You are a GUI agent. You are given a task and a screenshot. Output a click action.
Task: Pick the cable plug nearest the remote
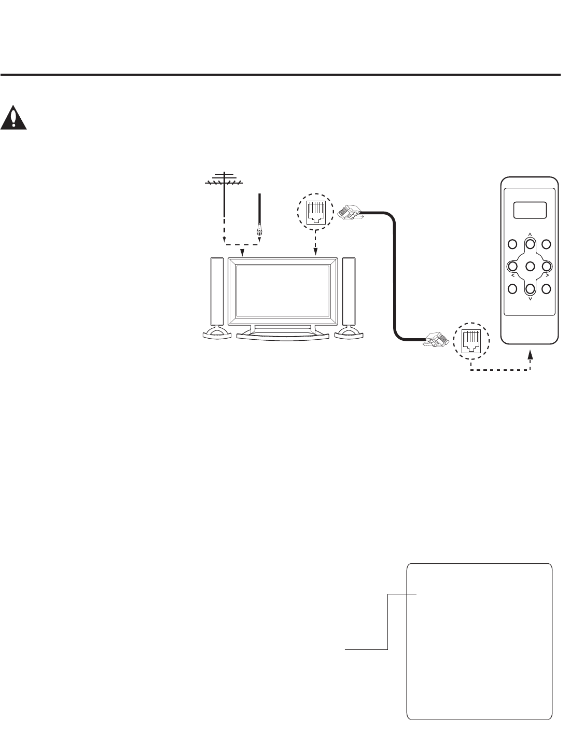436,340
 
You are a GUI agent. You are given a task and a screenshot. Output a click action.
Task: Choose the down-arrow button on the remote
530,289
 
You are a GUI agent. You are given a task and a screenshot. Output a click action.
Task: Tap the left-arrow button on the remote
512,266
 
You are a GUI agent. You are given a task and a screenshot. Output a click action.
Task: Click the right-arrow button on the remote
547,266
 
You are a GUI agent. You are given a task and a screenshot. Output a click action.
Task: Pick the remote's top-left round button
512,244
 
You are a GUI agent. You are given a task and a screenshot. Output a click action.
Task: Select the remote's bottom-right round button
547,289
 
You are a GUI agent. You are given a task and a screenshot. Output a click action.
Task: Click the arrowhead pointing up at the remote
530,355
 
